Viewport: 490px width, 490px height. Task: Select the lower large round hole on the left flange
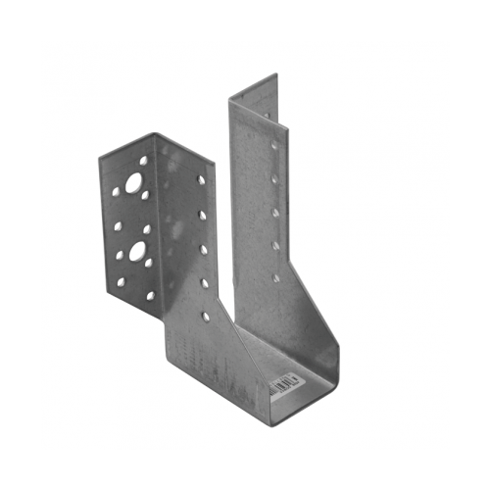point(136,250)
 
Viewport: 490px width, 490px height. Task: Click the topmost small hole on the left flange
point(143,160)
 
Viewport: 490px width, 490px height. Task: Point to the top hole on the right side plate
point(274,145)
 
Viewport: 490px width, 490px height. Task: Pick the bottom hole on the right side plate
point(275,277)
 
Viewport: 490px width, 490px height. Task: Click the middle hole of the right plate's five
point(276,212)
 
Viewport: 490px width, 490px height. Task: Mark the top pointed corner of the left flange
point(156,134)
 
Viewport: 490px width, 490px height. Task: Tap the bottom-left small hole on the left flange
point(122,282)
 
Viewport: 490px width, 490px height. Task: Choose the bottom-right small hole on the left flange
point(150,295)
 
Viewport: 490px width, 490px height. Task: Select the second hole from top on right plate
point(275,179)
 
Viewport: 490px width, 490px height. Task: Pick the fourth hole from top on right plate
point(275,245)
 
